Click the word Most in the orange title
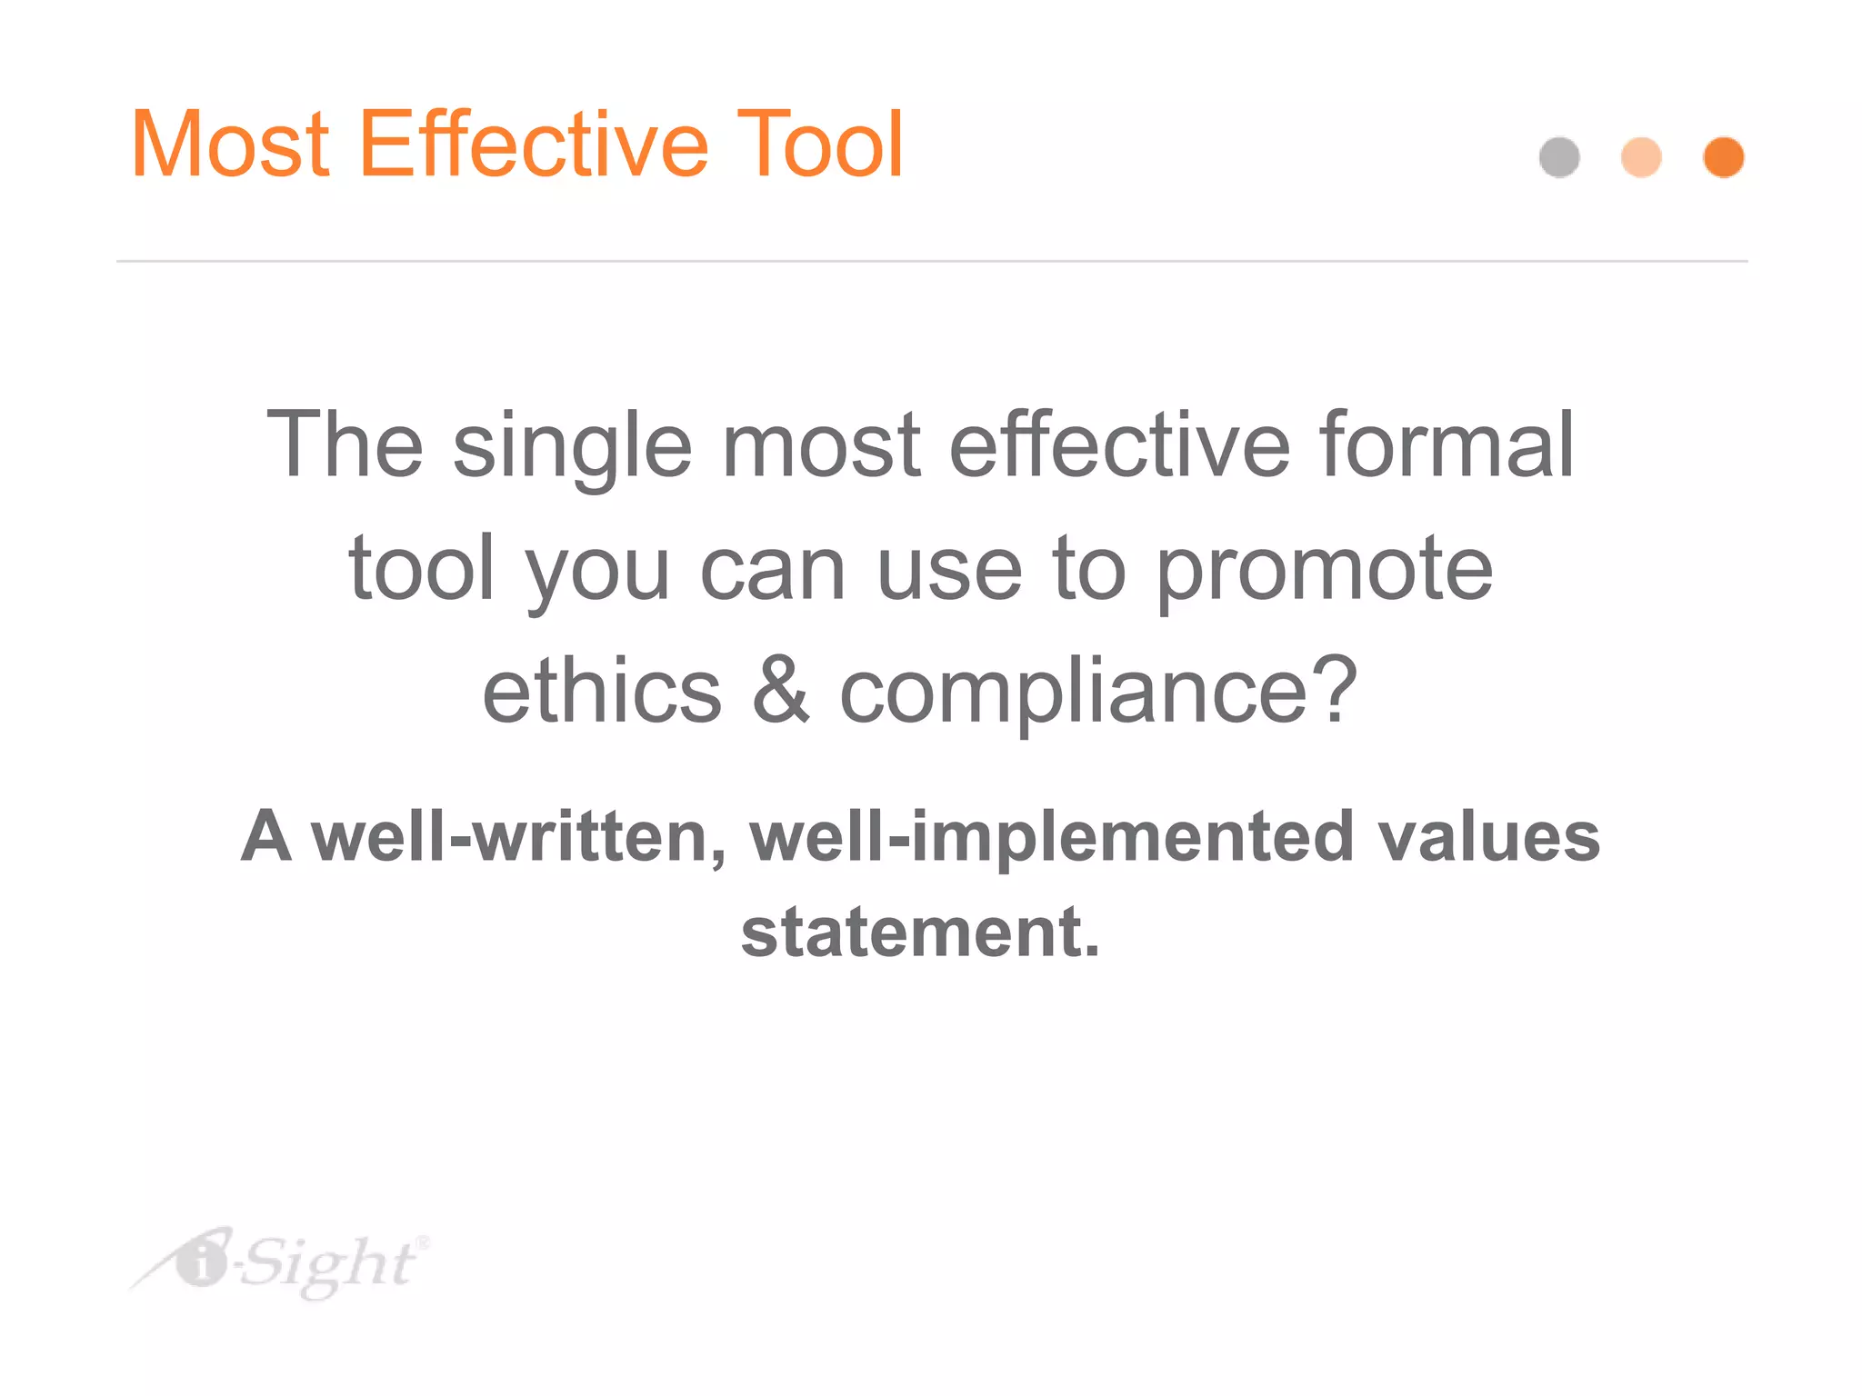(230, 145)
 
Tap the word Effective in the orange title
(535, 145)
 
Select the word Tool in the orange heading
(819, 145)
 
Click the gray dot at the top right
(1559, 157)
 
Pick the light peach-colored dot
(1641, 157)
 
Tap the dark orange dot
(1723, 157)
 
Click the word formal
(1447, 444)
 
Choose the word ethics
(602, 692)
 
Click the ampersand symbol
(780, 692)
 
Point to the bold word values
(1488, 837)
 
